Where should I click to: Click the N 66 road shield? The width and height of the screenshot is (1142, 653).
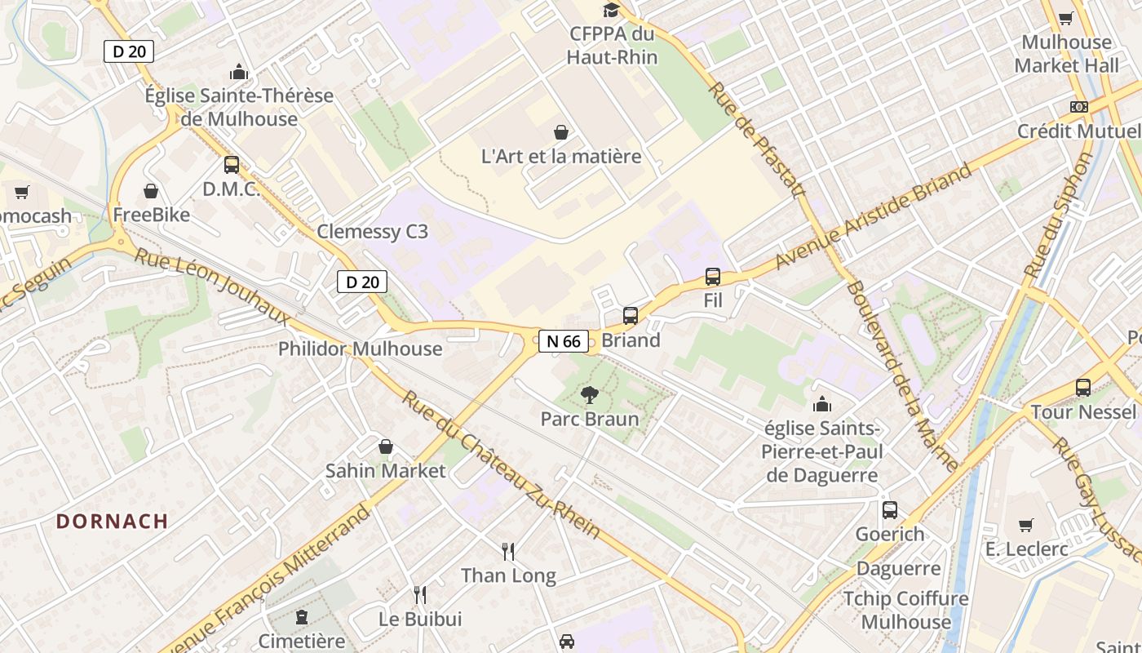pyautogui.click(x=563, y=341)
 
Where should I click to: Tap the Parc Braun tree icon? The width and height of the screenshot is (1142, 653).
pyautogui.click(x=589, y=396)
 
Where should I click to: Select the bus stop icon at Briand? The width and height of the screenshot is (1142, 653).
pyautogui.click(x=630, y=316)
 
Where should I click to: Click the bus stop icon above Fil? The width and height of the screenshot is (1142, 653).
pyautogui.click(x=713, y=277)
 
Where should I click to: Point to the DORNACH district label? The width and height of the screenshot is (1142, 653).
pyautogui.click(x=113, y=521)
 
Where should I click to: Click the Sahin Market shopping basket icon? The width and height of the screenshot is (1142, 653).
pyautogui.click(x=386, y=446)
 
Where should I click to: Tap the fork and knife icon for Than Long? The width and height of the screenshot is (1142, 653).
pyautogui.click(x=508, y=552)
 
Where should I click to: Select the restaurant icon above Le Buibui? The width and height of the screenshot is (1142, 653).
pyautogui.click(x=420, y=595)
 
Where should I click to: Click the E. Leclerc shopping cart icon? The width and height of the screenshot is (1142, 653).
pyautogui.click(x=1026, y=525)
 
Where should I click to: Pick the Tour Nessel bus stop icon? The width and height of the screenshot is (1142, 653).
pyautogui.click(x=1083, y=388)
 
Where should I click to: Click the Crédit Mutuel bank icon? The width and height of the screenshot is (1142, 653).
pyautogui.click(x=1079, y=107)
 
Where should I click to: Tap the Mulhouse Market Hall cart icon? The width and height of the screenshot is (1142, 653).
pyautogui.click(x=1066, y=18)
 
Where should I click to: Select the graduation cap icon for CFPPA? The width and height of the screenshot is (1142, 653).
pyautogui.click(x=611, y=11)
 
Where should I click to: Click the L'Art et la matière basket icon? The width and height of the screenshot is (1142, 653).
pyautogui.click(x=561, y=132)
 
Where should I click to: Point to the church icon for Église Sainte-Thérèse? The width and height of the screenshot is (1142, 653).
pyautogui.click(x=239, y=72)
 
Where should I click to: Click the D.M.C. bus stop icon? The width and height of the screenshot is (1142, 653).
pyautogui.click(x=232, y=165)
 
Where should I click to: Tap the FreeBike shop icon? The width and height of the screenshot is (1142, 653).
pyautogui.click(x=151, y=191)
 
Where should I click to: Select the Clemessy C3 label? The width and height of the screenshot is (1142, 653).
pyautogui.click(x=372, y=232)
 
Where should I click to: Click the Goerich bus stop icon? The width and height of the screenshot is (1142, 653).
pyautogui.click(x=890, y=510)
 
